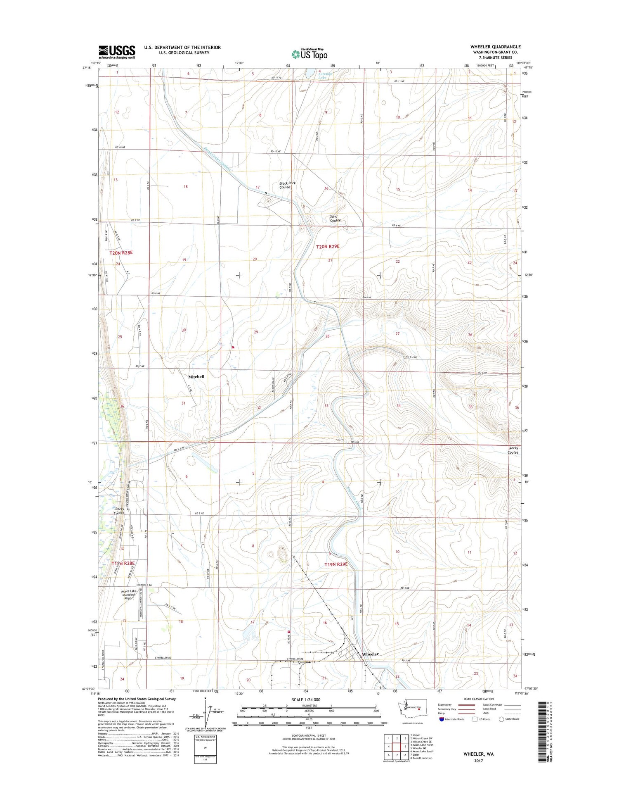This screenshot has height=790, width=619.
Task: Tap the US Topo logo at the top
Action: click(309, 54)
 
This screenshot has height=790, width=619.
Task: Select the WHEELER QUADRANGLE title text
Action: click(495, 47)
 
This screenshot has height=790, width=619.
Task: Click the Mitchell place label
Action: click(196, 377)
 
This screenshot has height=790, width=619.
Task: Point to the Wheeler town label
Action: click(370, 654)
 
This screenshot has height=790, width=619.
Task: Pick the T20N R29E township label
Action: click(330, 247)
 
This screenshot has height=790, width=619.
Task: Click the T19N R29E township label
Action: click(336, 564)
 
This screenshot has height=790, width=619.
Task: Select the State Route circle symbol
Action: click(501, 719)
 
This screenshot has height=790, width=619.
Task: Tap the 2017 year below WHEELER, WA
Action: click(478, 761)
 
